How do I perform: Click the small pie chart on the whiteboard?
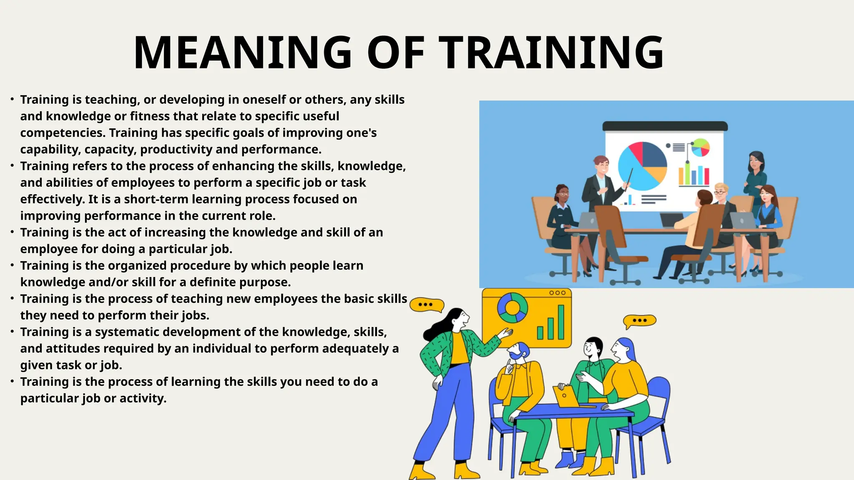(x=701, y=147)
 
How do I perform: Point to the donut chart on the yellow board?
(x=512, y=307)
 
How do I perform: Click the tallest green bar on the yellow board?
(x=561, y=322)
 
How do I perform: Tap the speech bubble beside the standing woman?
(x=426, y=305)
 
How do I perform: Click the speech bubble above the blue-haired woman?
(x=639, y=321)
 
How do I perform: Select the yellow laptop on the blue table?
(x=565, y=396)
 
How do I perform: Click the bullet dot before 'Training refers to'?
(x=13, y=166)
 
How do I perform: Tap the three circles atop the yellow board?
(x=557, y=292)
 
